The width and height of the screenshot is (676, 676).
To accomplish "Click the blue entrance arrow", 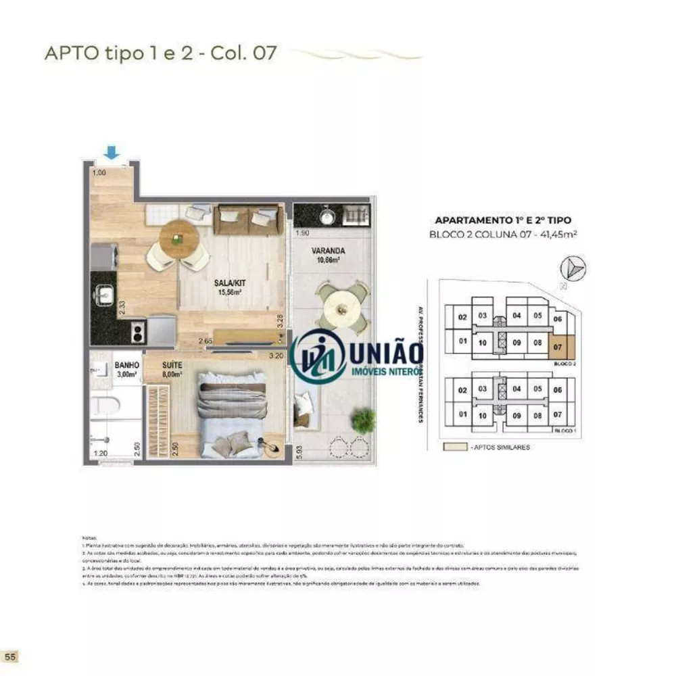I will [x=112, y=153].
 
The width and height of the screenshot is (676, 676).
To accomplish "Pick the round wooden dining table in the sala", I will [x=179, y=238].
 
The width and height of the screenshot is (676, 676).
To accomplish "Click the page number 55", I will [x=10, y=656].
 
